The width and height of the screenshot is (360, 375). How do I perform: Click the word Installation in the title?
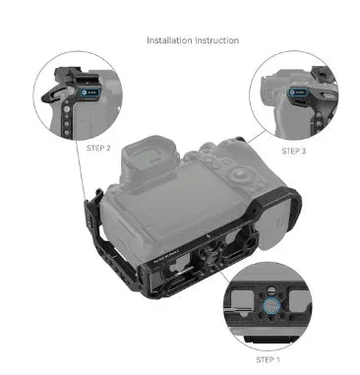[x=169, y=41]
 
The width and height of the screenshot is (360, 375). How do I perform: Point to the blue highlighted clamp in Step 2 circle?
[x=90, y=96]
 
